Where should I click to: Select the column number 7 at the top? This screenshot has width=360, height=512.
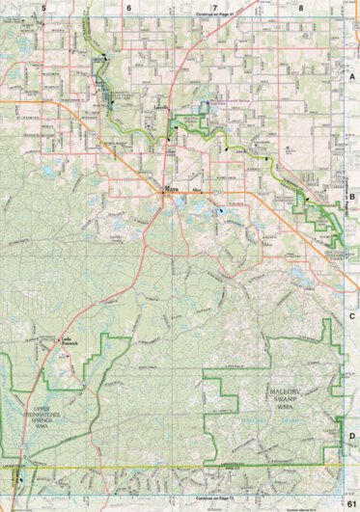[214, 7]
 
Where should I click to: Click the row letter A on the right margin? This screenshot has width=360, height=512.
[352, 75]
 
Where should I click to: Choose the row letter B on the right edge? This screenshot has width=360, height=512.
[352, 196]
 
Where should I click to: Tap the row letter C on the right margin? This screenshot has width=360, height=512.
[352, 315]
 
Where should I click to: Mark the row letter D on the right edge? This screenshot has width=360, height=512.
[352, 435]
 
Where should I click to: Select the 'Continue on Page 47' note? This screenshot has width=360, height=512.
[214, 16]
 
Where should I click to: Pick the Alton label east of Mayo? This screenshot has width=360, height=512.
[197, 192]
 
